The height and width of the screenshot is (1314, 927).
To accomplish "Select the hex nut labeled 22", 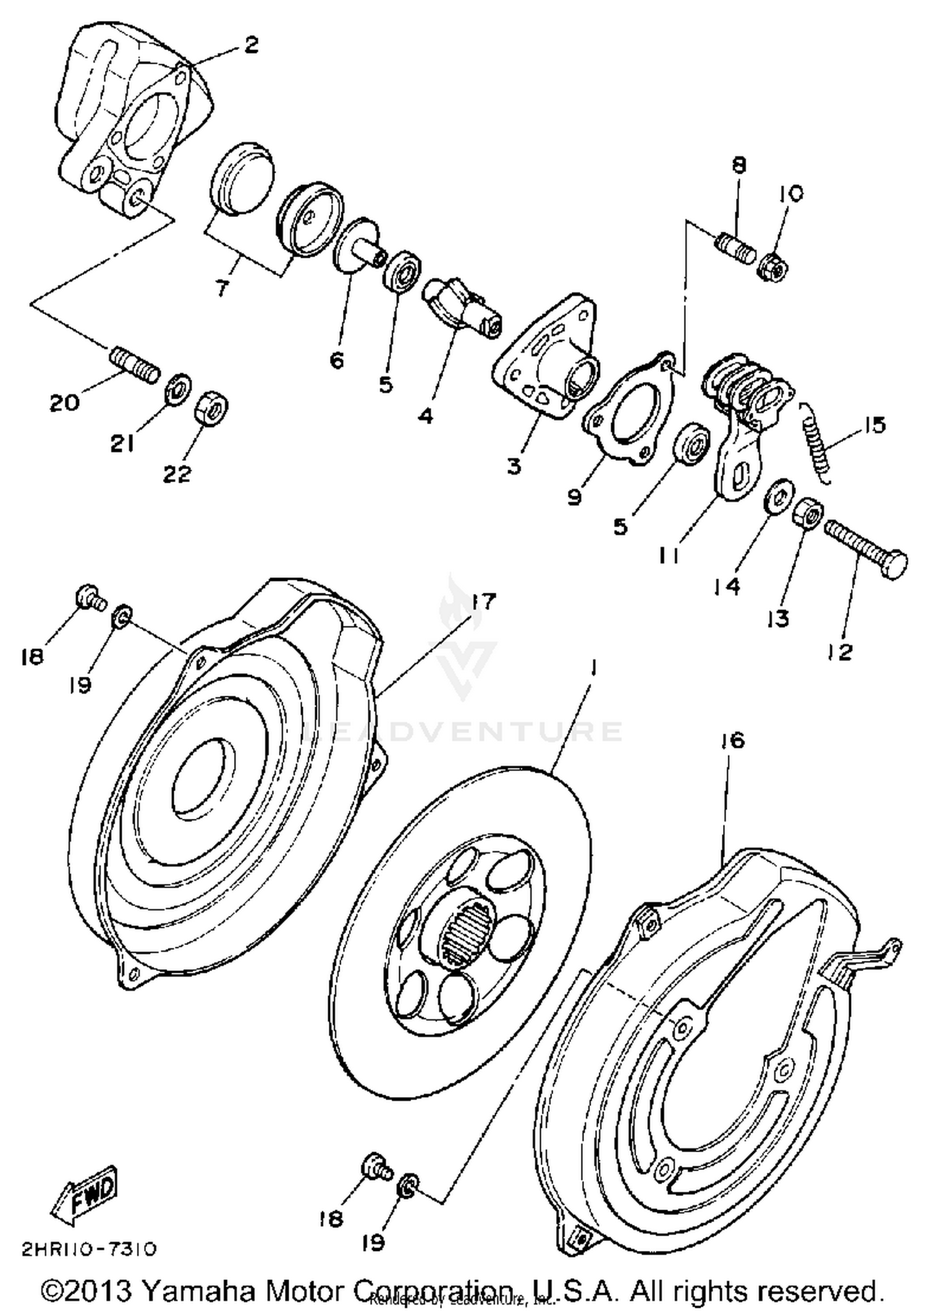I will (x=211, y=409).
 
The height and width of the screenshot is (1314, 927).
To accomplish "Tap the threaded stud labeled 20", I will (x=135, y=365).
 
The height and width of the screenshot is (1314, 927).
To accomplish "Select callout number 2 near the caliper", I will (x=250, y=45).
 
